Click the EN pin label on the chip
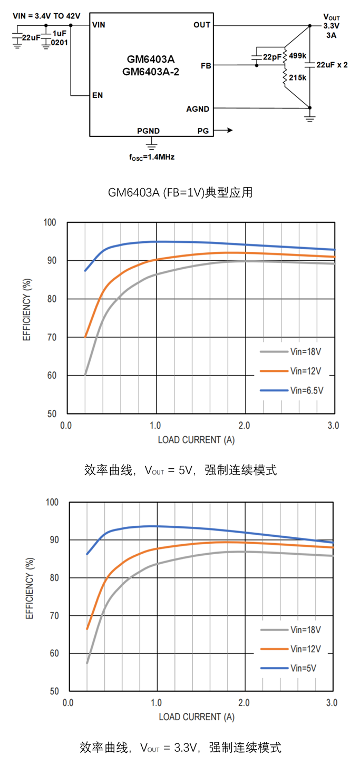[97, 95]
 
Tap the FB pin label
[206, 66]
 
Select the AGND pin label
[198, 109]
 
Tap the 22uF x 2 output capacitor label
[332, 65]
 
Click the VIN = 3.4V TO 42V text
[46, 16]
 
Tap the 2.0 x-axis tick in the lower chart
[244, 703]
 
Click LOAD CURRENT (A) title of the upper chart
[196, 439]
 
